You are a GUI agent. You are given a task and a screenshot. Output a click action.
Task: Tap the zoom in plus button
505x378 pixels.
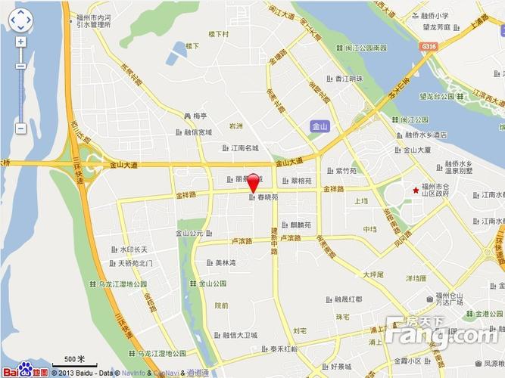[x=20, y=42]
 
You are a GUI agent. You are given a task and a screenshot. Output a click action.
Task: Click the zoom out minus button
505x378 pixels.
[x=20, y=129]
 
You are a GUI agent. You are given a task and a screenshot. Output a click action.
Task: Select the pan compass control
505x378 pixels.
[x=21, y=18]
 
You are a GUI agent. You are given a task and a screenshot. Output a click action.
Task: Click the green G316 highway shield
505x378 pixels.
[x=430, y=46]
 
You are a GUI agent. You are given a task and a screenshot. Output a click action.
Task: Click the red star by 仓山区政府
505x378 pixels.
[x=415, y=190]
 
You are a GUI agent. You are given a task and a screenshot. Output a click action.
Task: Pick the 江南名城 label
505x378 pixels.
[x=245, y=148]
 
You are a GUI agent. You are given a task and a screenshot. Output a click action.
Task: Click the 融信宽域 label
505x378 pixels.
[x=198, y=132]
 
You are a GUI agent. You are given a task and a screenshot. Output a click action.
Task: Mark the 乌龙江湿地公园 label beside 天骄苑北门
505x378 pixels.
[x=123, y=283]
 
